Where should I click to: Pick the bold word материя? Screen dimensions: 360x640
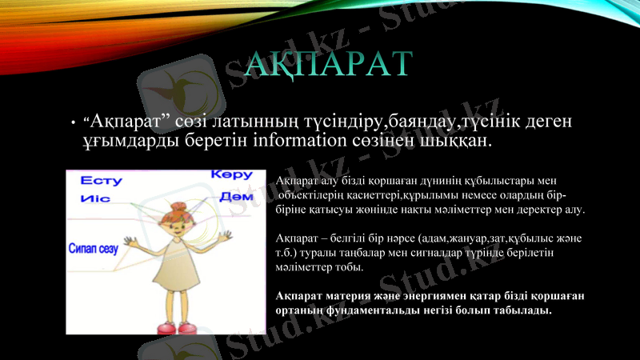(345, 294)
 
